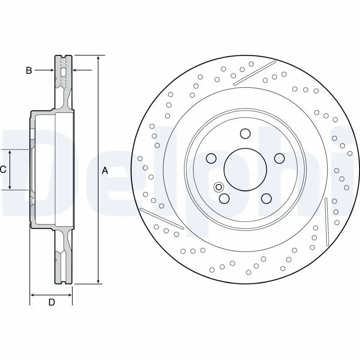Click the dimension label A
105,171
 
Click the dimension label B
29,70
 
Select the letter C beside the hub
3,170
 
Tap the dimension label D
52,302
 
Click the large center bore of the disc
245,170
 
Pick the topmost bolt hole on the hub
245,134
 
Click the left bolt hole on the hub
211,158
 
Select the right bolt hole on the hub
279,158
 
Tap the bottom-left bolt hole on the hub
224,198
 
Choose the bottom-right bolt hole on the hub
266,198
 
